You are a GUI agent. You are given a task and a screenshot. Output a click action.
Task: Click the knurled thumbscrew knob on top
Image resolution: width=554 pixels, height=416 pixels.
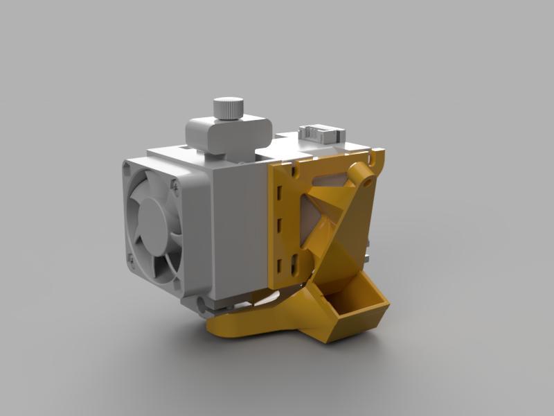(229, 109)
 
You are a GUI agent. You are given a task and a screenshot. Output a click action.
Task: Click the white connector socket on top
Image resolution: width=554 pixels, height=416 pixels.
(321, 132)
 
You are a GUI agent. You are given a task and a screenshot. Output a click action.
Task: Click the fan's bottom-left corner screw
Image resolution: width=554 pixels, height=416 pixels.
(131, 259)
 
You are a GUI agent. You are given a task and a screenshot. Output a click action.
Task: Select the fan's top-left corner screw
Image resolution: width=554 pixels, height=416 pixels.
(127, 167)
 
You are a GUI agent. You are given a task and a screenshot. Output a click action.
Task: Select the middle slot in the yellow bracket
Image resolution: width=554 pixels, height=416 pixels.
(279, 227)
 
